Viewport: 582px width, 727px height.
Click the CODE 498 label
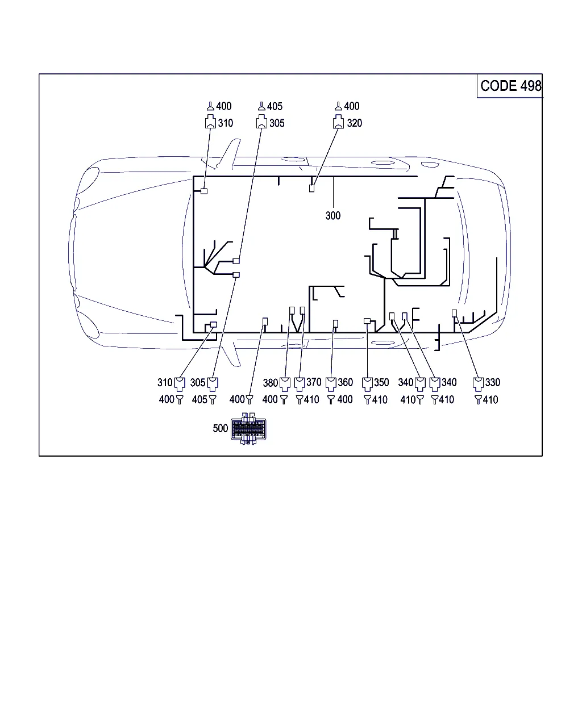510,86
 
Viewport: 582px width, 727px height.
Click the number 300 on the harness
332,215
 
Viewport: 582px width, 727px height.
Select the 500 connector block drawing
248,428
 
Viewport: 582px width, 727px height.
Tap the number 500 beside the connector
220,428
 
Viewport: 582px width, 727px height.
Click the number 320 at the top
355,123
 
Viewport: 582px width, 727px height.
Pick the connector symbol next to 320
338,122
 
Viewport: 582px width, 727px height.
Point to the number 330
492,382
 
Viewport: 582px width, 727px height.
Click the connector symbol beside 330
478,384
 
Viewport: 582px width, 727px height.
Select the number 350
381,382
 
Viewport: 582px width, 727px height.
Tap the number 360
345,382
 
